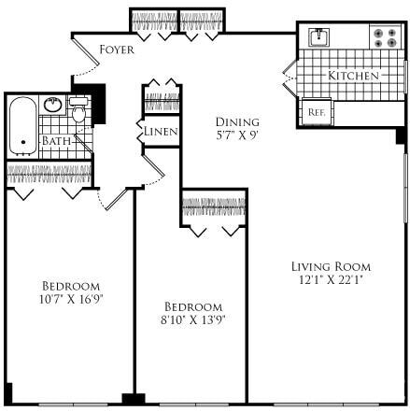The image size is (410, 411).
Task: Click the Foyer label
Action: click(116, 49)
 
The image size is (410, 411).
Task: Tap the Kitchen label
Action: click(353, 75)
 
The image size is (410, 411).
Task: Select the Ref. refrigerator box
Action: click(317, 112)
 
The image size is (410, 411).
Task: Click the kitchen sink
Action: click(319, 37)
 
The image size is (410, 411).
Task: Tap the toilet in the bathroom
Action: click(80, 114)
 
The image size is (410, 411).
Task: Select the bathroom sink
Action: click(53, 105)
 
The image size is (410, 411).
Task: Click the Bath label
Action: click(55, 141)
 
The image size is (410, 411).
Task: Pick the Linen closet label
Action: click(160, 132)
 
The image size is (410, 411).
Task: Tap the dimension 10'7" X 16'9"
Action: click(70, 299)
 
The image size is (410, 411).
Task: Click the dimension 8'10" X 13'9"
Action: click(194, 319)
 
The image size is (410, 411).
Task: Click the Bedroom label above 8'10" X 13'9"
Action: click(194, 306)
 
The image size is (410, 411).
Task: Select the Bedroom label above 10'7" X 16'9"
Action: click(70, 286)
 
